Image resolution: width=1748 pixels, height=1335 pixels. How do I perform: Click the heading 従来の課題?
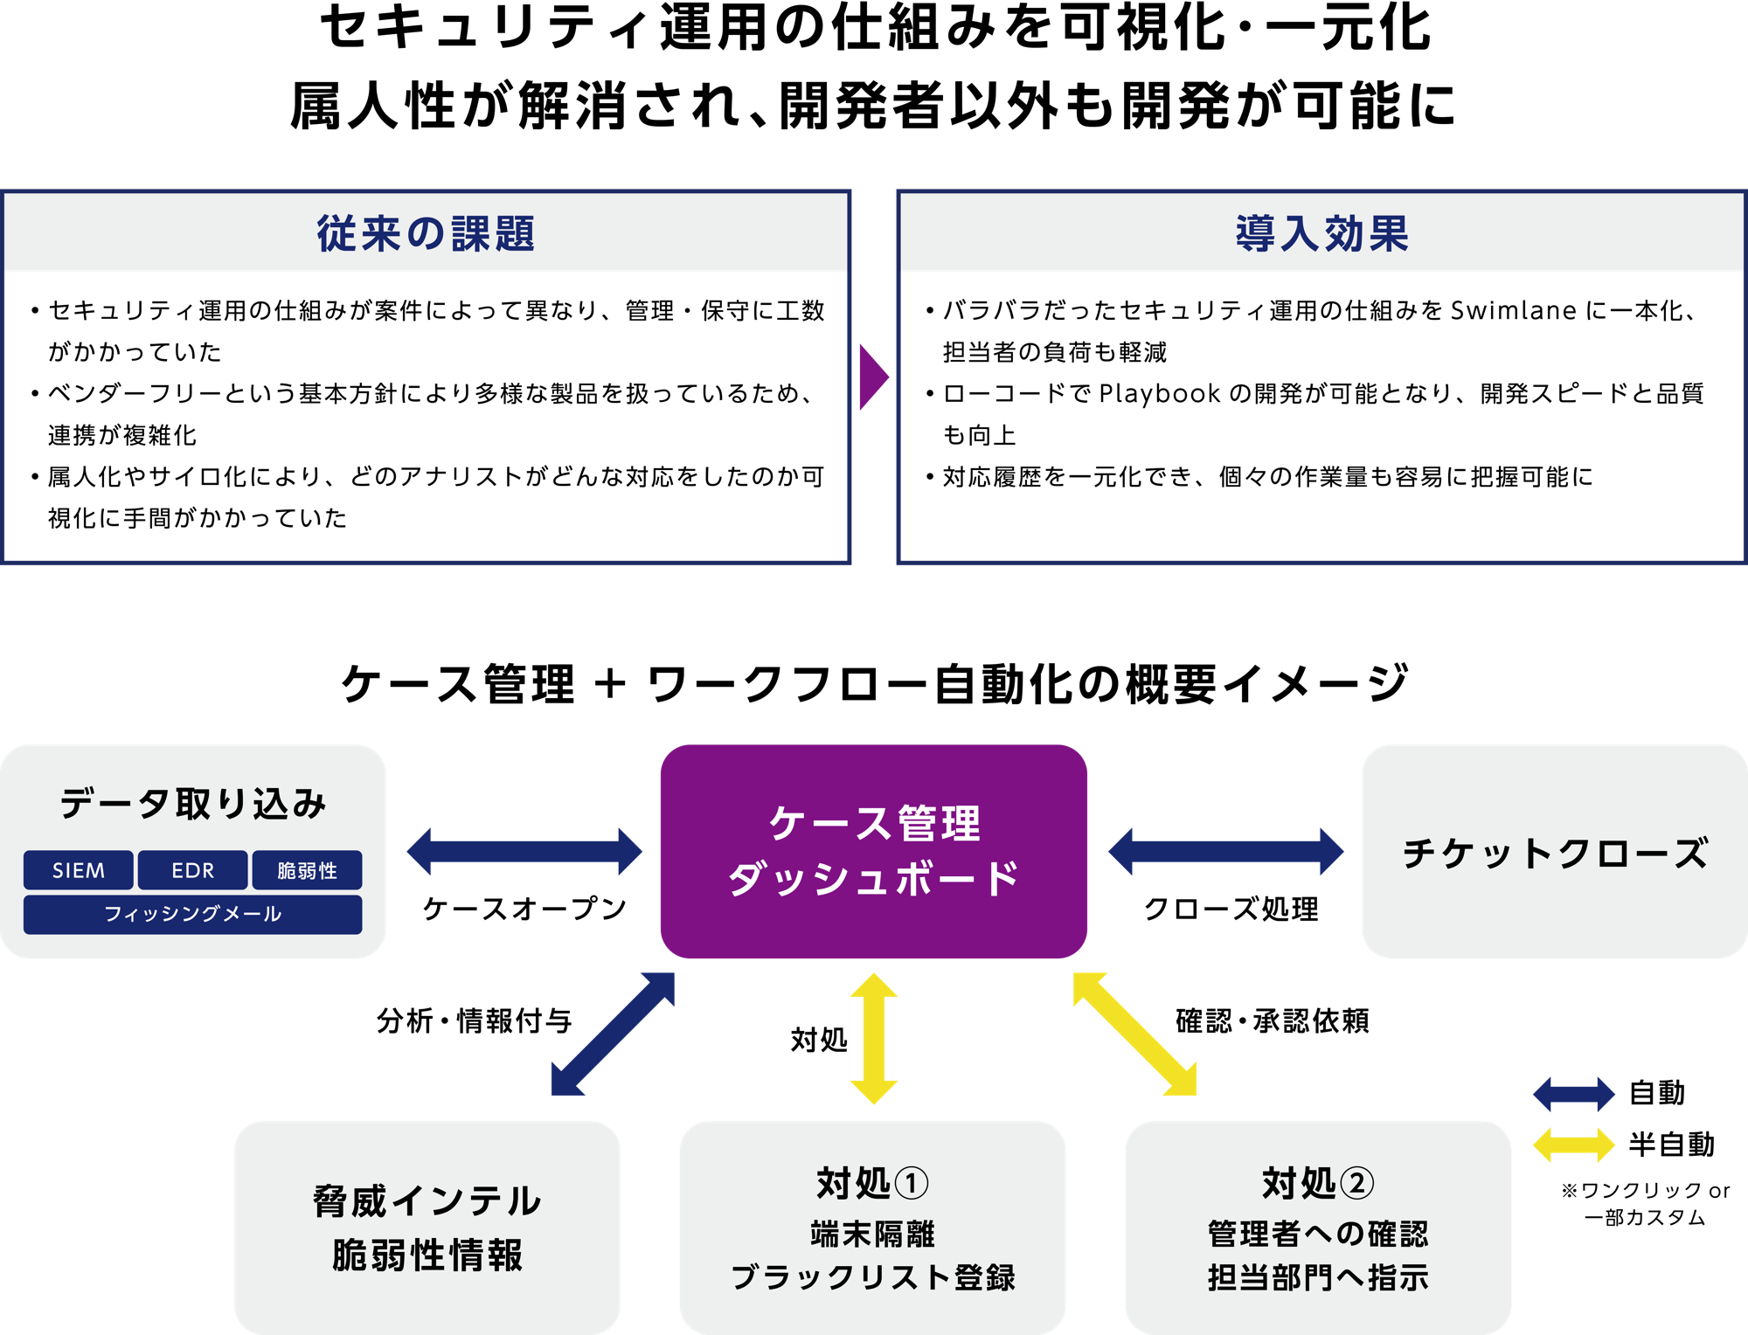pyautogui.click(x=426, y=234)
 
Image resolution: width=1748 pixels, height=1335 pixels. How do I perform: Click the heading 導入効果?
pyautogui.click(x=1321, y=234)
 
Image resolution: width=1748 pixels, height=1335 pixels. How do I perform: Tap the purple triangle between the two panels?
pyautogui.click(x=871, y=377)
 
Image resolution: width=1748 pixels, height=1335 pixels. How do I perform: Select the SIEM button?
pyautogui.click(x=79, y=870)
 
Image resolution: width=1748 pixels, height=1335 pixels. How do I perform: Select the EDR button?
pyautogui.click(x=192, y=870)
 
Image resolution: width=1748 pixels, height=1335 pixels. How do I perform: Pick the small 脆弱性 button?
pyautogui.click(x=307, y=870)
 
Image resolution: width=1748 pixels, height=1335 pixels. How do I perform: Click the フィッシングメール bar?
pyautogui.click(x=192, y=914)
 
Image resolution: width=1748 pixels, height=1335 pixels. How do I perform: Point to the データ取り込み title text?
pyautogui.click(x=192, y=803)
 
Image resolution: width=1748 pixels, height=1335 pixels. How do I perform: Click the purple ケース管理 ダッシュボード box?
pyautogui.click(x=873, y=851)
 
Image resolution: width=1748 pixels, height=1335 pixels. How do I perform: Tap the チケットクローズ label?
pyautogui.click(x=1554, y=853)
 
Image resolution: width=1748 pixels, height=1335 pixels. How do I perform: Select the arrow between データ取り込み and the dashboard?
pyautogui.click(x=524, y=852)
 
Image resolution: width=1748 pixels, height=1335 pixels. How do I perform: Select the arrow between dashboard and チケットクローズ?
pyautogui.click(x=1225, y=852)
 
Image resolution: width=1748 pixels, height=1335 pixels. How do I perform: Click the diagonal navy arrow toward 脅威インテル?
pyautogui.click(x=613, y=1034)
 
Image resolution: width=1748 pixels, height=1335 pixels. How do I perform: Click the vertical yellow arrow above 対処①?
pyautogui.click(x=874, y=1038)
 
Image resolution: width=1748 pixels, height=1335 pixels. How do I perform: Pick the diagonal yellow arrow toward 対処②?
pyautogui.click(x=1135, y=1034)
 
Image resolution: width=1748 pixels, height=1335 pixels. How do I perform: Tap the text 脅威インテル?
pyautogui.click(x=427, y=1201)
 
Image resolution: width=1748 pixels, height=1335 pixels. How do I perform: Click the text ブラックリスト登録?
pyautogui.click(x=872, y=1277)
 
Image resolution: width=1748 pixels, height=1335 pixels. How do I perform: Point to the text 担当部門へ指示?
pyautogui.click(x=1318, y=1277)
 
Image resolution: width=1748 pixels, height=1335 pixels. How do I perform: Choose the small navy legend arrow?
pyautogui.click(x=1574, y=1094)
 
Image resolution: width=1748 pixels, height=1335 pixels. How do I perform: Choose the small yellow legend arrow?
pyautogui.click(x=1574, y=1145)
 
